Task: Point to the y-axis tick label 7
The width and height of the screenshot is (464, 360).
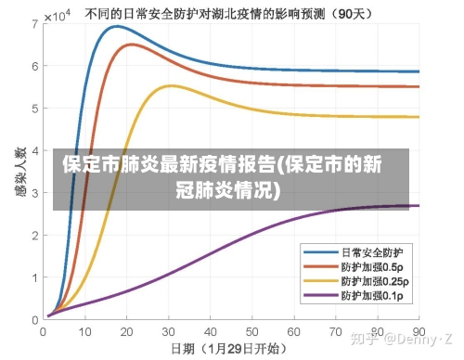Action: pos(33,23)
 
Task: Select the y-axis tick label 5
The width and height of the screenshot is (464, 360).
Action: pos(33,108)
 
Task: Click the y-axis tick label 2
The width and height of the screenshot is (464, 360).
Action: pos(33,235)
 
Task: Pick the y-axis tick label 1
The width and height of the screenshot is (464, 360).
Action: pos(33,276)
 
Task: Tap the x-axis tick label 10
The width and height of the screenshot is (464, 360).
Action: pos(85,330)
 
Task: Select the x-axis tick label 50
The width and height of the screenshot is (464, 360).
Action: pos(252,330)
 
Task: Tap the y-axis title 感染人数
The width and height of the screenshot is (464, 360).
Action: pos(14,171)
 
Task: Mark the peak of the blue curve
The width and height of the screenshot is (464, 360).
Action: pos(115,26)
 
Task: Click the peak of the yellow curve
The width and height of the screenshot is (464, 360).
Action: pos(171,85)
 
